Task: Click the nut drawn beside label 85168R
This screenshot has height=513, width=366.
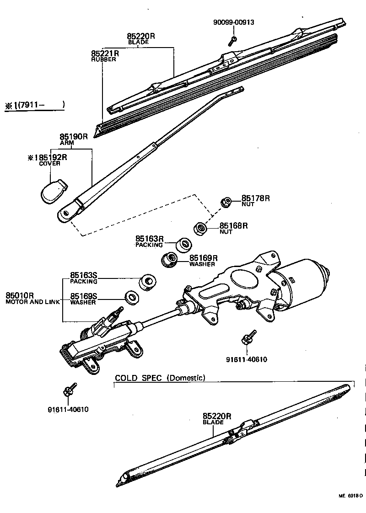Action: point(200,228)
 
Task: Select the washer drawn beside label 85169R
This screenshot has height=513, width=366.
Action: point(170,260)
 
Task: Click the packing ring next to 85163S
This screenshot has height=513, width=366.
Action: point(148,281)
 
